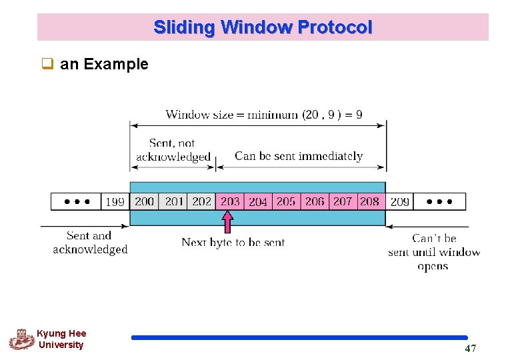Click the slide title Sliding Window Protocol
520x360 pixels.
(263, 27)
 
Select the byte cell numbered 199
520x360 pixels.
(115, 201)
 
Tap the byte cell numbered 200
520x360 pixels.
(144, 201)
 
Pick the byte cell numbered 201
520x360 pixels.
(174, 201)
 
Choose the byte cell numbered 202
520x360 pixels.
(201, 201)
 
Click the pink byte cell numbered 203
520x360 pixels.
(230, 201)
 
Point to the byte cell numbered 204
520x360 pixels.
(258, 201)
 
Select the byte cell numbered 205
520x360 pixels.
(286, 201)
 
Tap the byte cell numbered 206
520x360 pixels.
(315, 201)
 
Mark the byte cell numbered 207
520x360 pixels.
(343, 201)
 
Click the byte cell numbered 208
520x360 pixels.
(370, 201)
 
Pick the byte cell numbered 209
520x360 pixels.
(399, 201)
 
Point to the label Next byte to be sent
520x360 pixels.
(233, 243)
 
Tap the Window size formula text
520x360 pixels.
(264, 115)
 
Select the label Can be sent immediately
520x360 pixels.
(299, 156)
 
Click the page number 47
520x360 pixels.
(470, 349)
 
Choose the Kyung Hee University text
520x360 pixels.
(61, 339)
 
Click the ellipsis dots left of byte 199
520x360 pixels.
(77, 201)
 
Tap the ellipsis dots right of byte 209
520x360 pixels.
(439, 201)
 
